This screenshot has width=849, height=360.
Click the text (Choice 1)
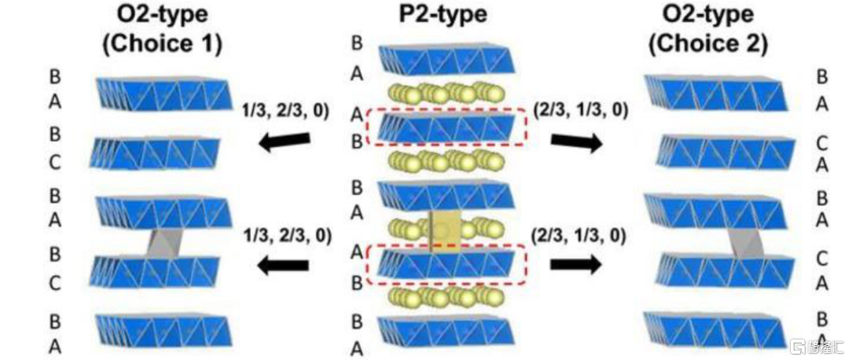click(162, 44)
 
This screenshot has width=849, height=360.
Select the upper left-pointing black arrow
click(284, 141)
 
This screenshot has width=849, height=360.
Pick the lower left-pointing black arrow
click(284, 264)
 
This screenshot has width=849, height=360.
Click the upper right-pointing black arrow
click(575, 141)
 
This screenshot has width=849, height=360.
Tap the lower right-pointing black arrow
click(575, 264)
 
